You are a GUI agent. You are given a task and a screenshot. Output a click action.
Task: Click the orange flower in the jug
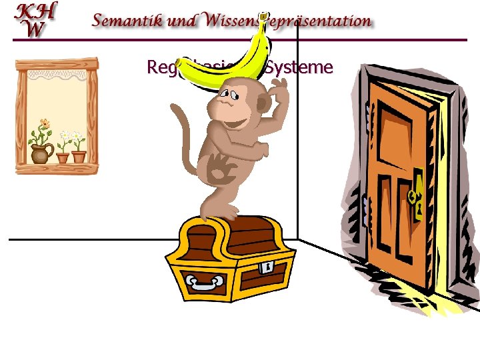click(x=44, y=123)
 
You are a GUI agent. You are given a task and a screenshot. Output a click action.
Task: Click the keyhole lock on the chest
click(x=267, y=267)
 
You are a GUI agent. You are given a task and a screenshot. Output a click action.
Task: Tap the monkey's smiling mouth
click(x=234, y=124)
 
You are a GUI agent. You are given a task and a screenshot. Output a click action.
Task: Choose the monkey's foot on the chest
click(x=227, y=212)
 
